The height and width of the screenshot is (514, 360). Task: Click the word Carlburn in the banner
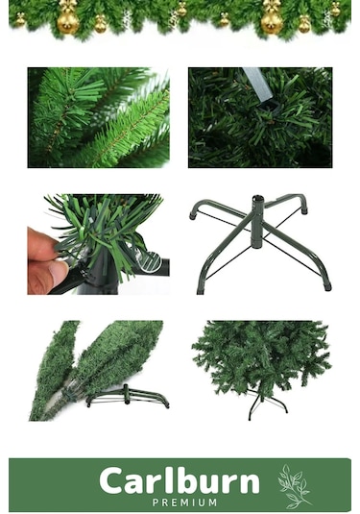180,481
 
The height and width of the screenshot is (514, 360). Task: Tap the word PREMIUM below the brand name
184,502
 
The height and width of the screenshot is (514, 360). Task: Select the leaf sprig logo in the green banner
294,486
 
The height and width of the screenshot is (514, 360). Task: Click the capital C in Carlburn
111,481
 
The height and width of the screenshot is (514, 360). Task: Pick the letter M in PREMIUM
211,502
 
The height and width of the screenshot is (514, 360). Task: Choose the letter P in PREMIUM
156,502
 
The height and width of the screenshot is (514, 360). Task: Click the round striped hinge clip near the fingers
150,262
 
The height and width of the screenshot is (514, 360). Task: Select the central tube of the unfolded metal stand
258,222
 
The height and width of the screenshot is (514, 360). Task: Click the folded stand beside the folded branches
127,397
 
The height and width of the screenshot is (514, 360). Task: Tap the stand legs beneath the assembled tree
265,404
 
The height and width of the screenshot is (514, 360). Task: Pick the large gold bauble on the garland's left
68,18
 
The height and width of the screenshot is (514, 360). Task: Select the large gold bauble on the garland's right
272,18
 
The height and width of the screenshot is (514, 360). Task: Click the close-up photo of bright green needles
98,117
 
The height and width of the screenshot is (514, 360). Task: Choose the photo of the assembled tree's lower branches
261,371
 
